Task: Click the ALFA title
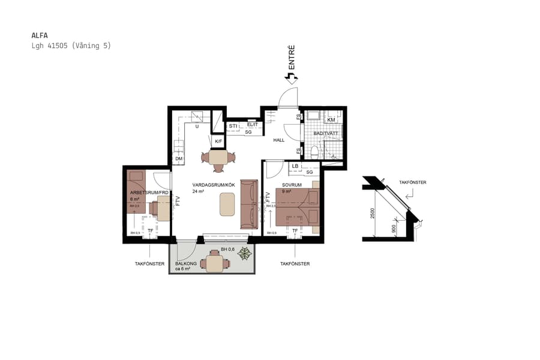(x=39, y=35)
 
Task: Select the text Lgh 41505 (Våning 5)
(x=71, y=46)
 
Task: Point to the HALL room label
(x=279, y=140)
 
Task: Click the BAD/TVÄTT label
(x=326, y=133)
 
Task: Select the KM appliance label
(x=331, y=120)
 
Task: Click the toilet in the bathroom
(x=314, y=151)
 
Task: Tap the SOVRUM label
(x=291, y=184)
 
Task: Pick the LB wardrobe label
(x=295, y=166)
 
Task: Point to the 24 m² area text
(x=199, y=191)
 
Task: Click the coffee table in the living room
(x=227, y=204)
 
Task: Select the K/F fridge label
(x=218, y=142)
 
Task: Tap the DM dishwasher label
(x=178, y=158)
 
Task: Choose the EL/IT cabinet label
(x=253, y=125)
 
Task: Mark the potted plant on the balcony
(x=245, y=254)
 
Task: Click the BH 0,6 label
(x=227, y=249)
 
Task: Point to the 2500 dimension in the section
(x=373, y=213)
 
